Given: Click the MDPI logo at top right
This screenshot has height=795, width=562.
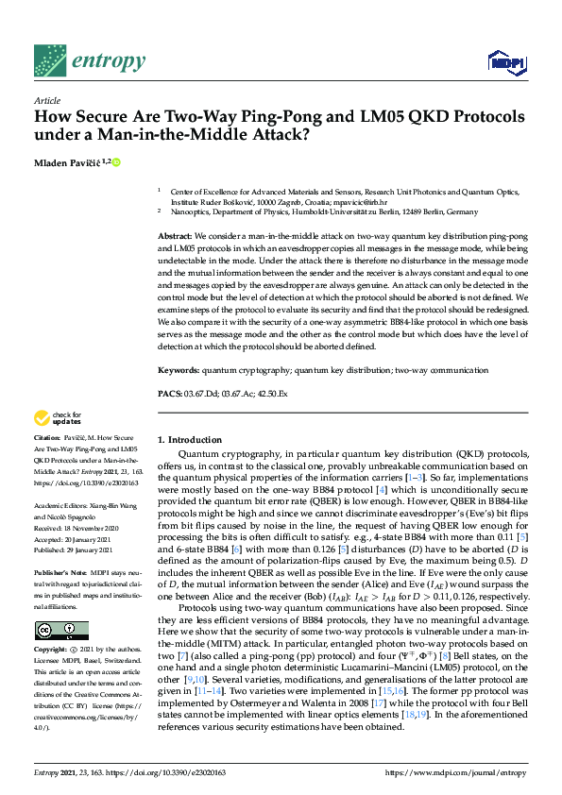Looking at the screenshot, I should coord(506,63).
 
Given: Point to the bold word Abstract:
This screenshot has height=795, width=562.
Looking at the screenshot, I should coord(175,235).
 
